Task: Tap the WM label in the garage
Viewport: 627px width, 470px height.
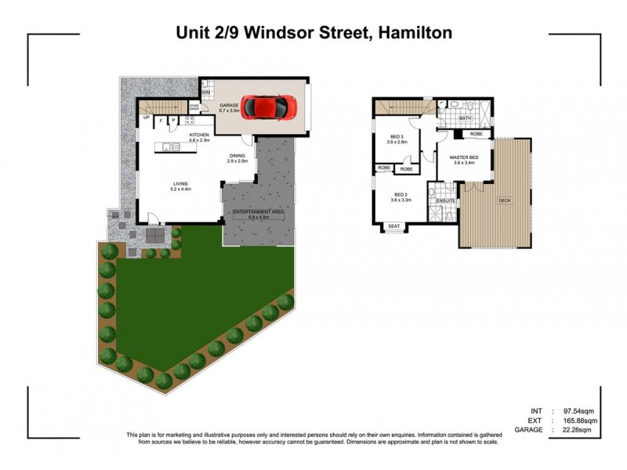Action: (x=205, y=92)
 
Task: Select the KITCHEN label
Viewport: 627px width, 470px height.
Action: (x=199, y=136)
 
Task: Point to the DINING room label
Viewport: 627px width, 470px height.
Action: (x=237, y=156)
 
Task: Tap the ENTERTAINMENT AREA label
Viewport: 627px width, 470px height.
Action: (x=257, y=212)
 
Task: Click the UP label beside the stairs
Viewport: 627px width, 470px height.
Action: (x=146, y=118)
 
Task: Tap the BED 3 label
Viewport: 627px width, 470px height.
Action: (x=396, y=136)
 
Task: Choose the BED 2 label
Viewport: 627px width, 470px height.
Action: (x=401, y=194)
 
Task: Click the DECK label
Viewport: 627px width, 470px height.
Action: (x=505, y=201)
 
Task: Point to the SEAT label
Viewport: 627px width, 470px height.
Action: (x=394, y=227)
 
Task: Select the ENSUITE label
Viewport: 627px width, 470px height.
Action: (x=447, y=201)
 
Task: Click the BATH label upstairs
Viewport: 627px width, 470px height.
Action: (x=465, y=118)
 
